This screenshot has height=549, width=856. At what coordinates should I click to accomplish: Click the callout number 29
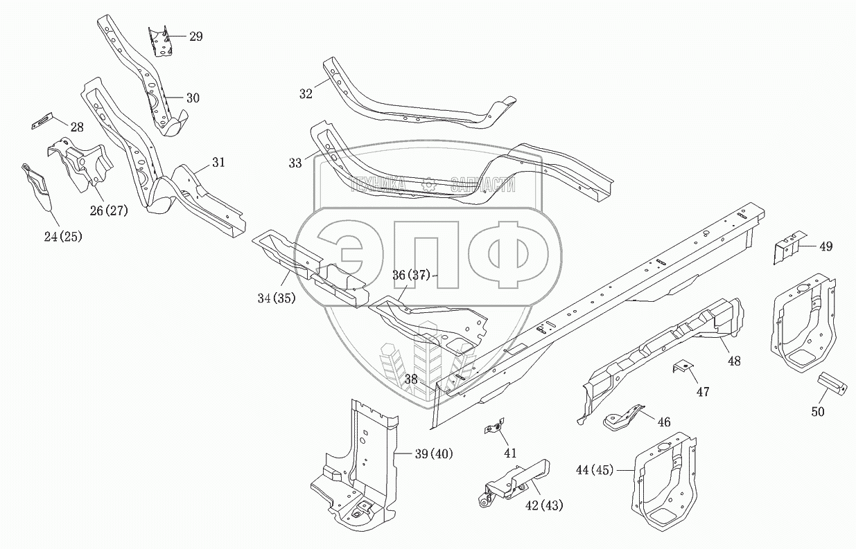click(195, 37)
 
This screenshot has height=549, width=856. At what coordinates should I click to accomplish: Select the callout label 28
click(76, 127)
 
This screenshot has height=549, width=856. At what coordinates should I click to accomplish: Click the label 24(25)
click(62, 237)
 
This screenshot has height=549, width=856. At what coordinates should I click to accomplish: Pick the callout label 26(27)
click(108, 210)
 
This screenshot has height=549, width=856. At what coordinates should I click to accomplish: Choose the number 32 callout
click(306, 93)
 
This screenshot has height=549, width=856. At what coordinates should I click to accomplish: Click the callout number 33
click(295, 163)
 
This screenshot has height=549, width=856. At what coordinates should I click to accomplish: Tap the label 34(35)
click(275, 298)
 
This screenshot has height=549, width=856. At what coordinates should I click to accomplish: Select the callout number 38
click(411, 379)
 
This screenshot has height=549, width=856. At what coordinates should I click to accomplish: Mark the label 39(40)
click(433, 454)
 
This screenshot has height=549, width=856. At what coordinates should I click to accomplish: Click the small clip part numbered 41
click(492, 429)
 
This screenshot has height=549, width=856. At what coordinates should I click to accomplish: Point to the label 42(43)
click(544, 505)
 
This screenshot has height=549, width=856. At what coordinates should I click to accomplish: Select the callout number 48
click(734, 360)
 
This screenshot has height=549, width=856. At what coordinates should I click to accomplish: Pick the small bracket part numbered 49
click(788, 248)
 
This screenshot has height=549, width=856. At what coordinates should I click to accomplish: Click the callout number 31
click(218, 163)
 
